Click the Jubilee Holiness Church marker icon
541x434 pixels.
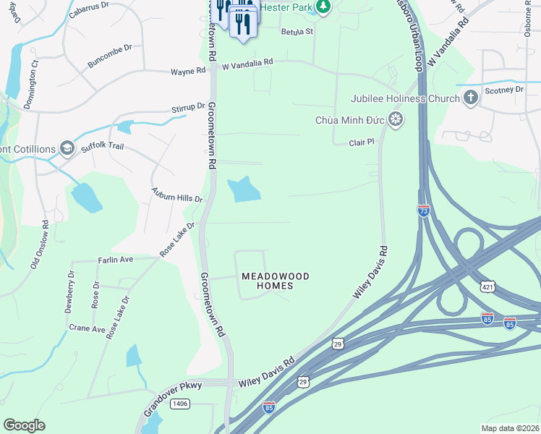(471, 98)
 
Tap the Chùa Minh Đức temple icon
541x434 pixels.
(396, 119)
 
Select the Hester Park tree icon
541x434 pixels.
(324, 7)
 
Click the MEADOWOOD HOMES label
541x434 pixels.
(265, 281)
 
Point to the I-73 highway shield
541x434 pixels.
(424, 210)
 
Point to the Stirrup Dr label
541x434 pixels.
(188, 108)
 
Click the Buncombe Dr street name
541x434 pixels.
(110, 57)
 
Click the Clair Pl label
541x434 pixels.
(360, 142)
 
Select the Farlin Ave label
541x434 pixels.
(116, 259)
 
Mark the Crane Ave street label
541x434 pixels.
(88, 328)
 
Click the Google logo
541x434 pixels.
(25, 425)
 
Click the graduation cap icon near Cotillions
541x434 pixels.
(67, 148)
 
